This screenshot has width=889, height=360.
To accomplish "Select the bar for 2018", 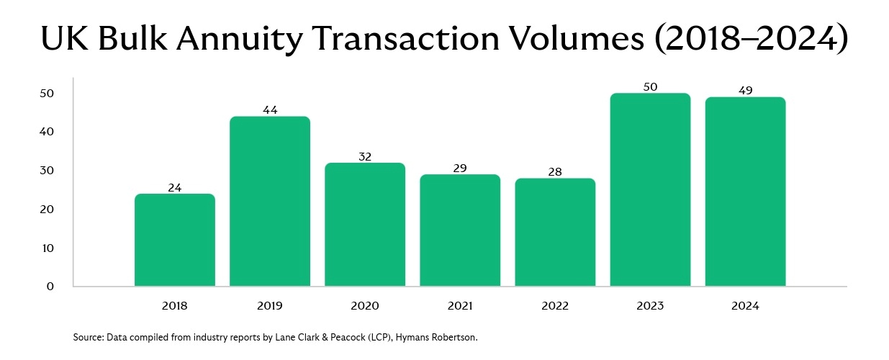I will point(175,240).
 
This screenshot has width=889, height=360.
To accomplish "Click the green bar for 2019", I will point(270,202).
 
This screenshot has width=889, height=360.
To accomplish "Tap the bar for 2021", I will point(460,230).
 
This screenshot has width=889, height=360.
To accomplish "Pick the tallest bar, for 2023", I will point(650,190).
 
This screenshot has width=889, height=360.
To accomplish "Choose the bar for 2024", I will point(745,192).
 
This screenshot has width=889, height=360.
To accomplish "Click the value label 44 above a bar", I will point(270,110).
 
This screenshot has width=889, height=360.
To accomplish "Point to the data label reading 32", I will point(365,156).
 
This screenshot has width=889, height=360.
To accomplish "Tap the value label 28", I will point(555,172).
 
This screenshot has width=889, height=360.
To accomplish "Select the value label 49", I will point(745,91).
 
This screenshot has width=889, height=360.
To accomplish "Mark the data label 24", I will point(175,188).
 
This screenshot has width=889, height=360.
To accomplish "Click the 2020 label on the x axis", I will point(365,306).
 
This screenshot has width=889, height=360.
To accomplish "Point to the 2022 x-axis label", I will point(555,306).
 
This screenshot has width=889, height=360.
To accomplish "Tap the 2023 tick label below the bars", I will point(650,306).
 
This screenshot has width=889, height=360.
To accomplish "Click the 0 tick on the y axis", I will point(50,287).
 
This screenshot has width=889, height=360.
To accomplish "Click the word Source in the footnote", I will point(88,337).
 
